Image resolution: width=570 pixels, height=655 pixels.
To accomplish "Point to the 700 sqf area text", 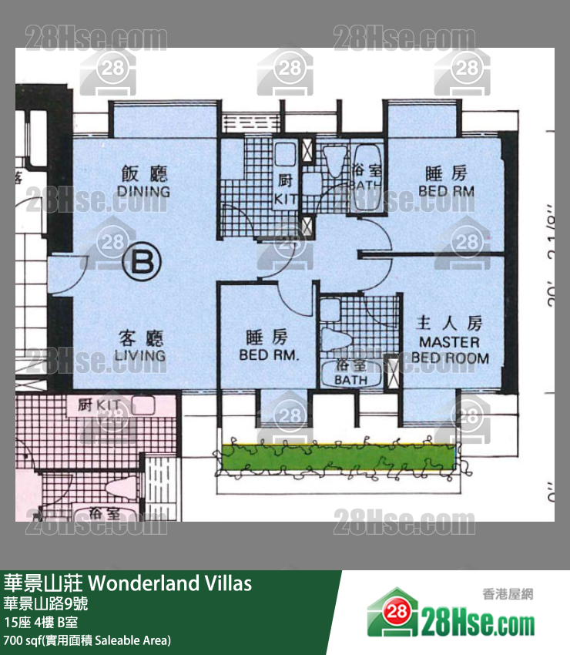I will point(87,640).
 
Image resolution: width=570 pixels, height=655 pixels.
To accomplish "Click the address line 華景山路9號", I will point(45,603).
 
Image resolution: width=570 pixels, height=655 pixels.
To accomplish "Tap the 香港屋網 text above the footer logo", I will point(508,593).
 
